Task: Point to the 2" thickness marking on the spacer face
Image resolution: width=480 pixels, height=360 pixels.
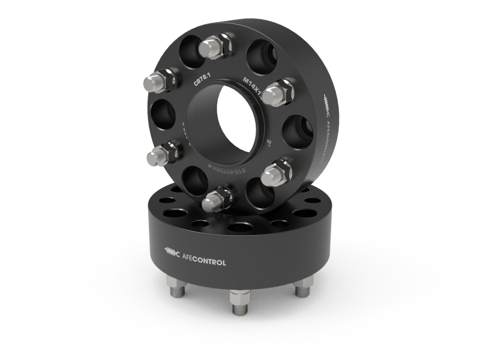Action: click(269, 143)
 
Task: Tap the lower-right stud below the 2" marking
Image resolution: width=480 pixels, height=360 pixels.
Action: click(275, 173)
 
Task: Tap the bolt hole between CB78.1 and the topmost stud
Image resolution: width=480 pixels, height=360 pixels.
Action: click(188, 55)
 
